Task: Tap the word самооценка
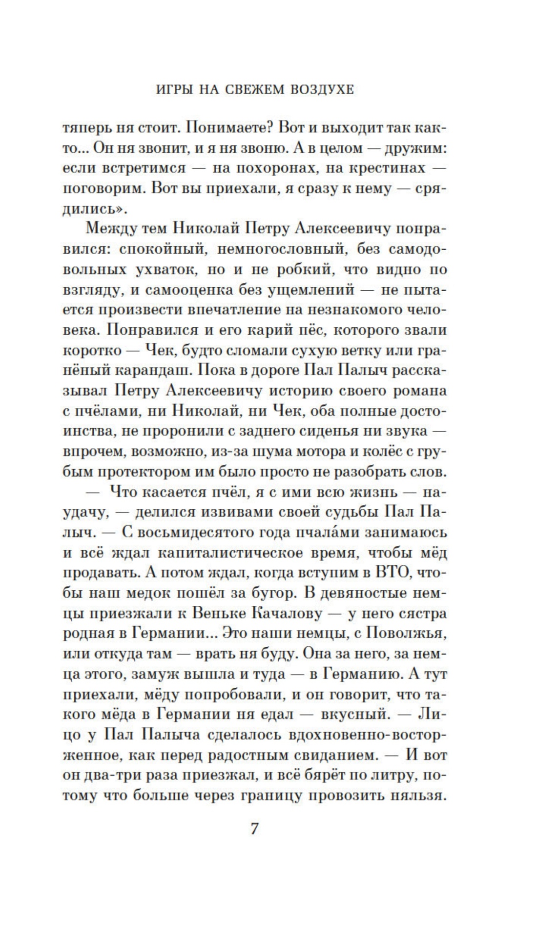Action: tap(184, 290)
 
